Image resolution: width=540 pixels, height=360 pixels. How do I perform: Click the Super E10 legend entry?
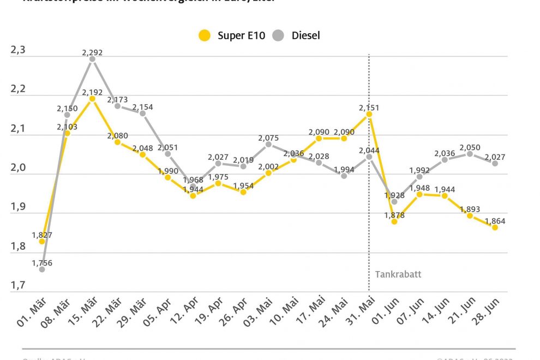(231, 36)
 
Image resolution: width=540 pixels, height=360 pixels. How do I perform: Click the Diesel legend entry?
(297, 36)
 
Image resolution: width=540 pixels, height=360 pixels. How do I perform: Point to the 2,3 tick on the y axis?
(18, 50)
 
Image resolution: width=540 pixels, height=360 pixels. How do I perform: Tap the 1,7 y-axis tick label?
(18, 285)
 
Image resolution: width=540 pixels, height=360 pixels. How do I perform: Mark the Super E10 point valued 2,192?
(92, 99)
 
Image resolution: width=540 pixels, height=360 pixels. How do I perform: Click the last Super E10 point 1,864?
(495, 227)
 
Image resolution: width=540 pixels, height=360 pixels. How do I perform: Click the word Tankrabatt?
(398, 274)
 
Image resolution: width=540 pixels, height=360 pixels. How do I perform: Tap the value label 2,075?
(268, 137)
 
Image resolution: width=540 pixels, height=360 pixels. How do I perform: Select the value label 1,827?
(41, 235)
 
